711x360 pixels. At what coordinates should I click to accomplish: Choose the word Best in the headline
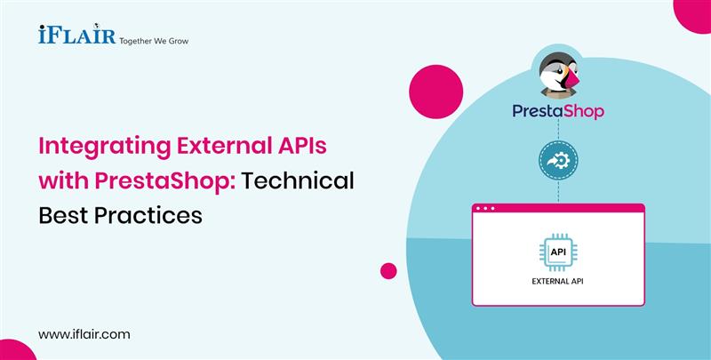point(64,214)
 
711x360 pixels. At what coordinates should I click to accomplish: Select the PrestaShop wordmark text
point(559,111)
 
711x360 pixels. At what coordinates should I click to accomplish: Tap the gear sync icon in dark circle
point(558,162)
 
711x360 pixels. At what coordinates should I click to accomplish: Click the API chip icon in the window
point(557,252)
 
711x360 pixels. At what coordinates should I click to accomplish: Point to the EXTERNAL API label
point(557,282)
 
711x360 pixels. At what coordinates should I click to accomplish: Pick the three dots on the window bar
point(488,209)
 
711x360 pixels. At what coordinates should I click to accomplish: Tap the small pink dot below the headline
point(388,271)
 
